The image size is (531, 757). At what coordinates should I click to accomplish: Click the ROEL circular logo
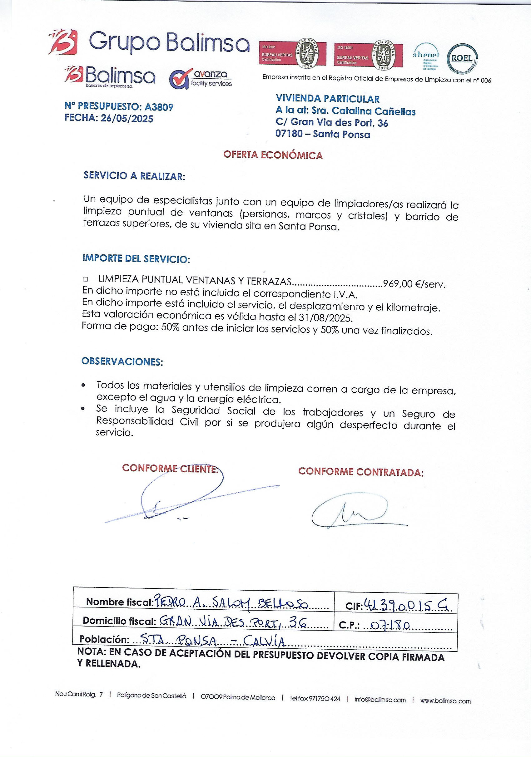pyautogui.click(x=462, y=58)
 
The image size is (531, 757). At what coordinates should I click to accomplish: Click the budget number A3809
pyautogui.click(x=159, y=107)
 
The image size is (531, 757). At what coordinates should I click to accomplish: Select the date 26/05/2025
pyautogui.click(x=127, y=118)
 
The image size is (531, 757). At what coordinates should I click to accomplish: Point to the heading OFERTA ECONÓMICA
pyautogui.click(x=273, y=155)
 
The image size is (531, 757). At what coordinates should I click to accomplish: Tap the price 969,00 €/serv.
pyautogui.click(x=414, y=284)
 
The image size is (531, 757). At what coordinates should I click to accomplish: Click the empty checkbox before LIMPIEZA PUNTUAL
pyautogui.click(x=85, y=279)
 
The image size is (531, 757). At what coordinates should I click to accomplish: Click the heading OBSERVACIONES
pyautogui.click(x=122, y=361)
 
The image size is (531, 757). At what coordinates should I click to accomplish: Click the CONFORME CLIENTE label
pyautogui.click(x=170, y=468)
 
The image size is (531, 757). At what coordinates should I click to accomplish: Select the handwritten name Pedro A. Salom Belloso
pyautogui.click(x=231, y=603)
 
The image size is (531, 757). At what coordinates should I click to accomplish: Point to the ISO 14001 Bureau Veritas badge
pyautogui.click(x=368, y=55)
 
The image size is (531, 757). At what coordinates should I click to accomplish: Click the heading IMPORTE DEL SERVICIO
pyautogui.click(x=136, y=258)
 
